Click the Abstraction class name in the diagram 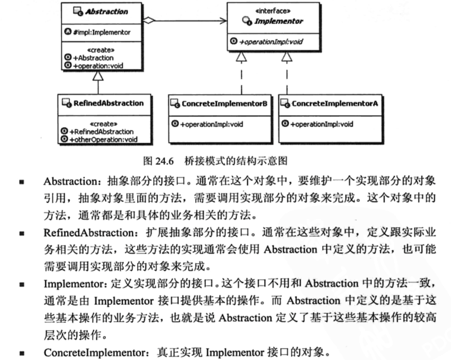pos(106,11)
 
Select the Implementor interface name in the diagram pos(279,21)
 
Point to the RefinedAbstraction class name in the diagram pos(108,103)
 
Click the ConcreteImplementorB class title pos(224,103)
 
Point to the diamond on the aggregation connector pos(148,21)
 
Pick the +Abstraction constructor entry pos(93,57)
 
